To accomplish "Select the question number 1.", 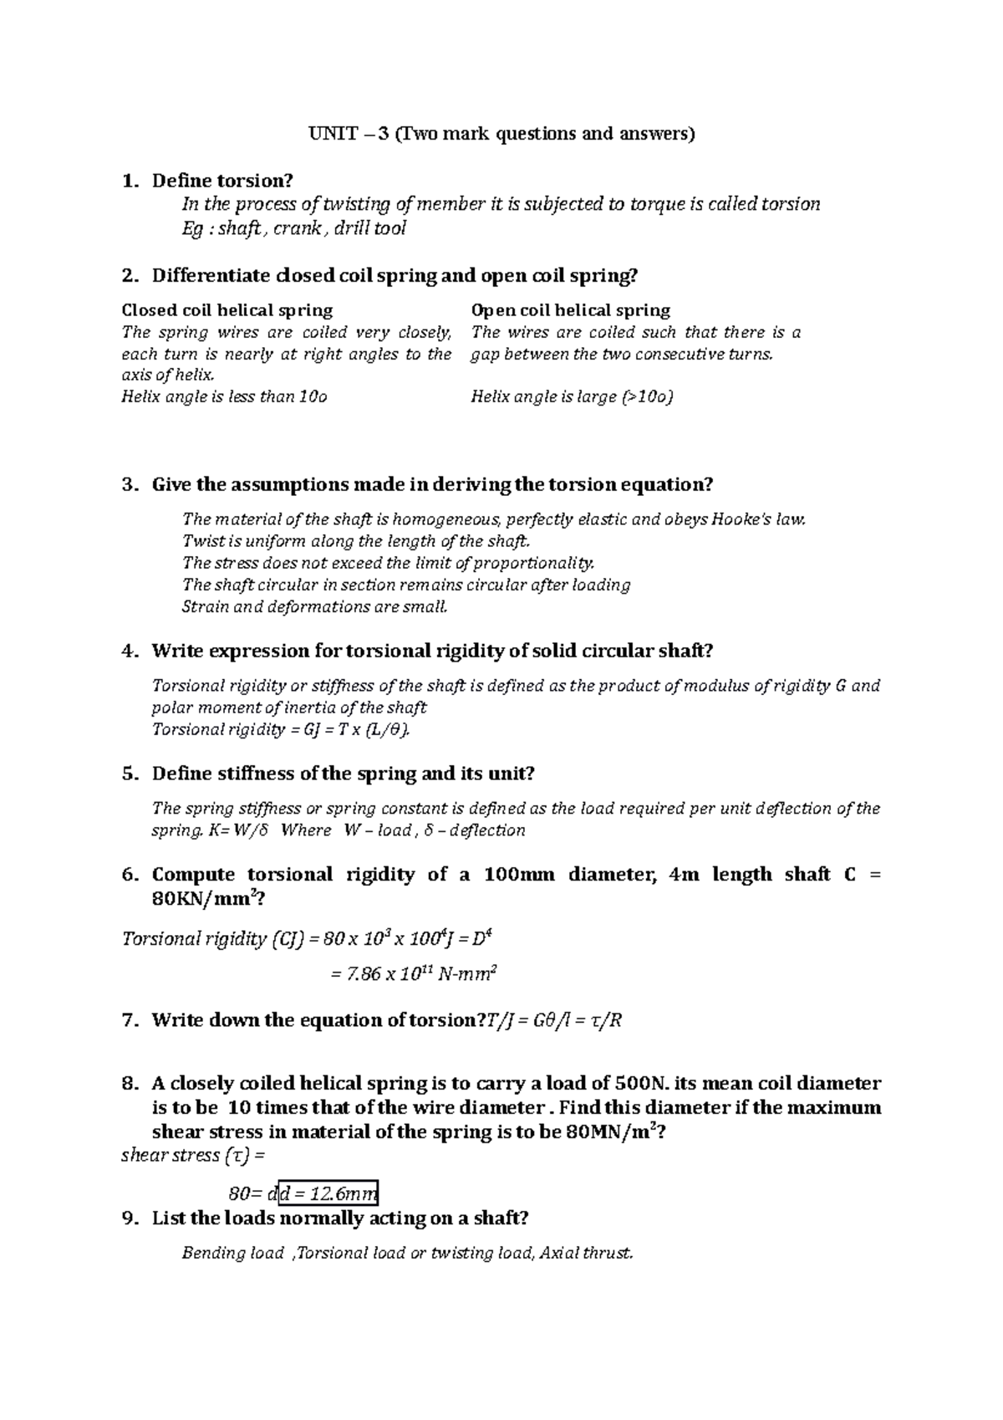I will point(128,181).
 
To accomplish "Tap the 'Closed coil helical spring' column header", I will point(227,310).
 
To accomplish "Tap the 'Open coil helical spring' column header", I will point(571,310).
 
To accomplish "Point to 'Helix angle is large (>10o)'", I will point(572,396).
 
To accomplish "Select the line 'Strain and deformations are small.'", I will point(315,606).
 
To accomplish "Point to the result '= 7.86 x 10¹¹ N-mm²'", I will point(415,973).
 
